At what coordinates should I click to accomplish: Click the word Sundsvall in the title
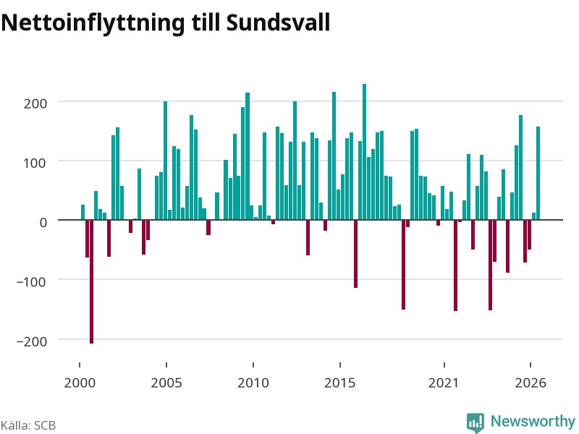coord(278,23)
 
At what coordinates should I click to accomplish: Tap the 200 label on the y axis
coord(35,103)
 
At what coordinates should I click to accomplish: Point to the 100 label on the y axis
coord(35,163)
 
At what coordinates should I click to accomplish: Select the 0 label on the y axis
coord(43,223)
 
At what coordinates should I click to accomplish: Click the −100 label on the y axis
coord(32,282)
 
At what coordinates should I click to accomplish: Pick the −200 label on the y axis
coord(32,341)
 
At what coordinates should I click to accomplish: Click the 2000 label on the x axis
coord(80,383)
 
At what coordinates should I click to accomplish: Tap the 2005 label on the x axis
coord(166,383)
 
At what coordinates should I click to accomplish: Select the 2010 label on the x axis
coord(253,383)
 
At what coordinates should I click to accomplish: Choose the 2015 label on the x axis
coord(340,383)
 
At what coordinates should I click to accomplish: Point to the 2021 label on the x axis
coord(444,383)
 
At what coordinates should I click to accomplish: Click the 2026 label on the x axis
coord(531,383)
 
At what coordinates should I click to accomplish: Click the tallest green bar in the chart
coord(365,152)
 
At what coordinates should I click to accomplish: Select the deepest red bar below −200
coord(92,281)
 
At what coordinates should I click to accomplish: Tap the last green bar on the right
coord(538,173)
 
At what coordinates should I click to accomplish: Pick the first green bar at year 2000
coord(83,212)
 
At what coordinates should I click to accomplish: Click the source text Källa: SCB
coord(28,425)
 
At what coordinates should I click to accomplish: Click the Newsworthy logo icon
coord(476,422)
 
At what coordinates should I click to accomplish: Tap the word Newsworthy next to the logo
coord(533,421)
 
